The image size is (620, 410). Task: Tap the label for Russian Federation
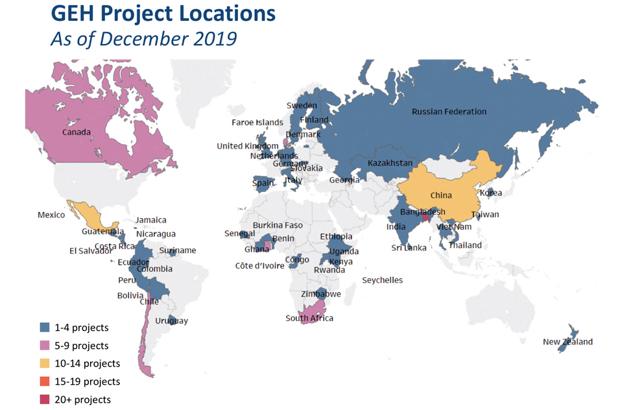tap(449, 112)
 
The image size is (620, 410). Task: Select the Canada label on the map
tap(76, 132)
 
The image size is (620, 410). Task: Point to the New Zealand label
tap(567, 342)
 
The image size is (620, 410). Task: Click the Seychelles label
tap(382, 280)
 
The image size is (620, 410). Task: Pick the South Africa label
tap(309, 318)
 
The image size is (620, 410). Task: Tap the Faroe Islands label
tap(257, 122)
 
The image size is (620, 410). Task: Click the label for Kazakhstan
tap(389, 163)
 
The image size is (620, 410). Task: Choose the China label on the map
tap(440, 195)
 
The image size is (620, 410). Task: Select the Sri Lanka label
tap(409, 248)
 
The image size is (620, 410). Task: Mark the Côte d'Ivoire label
tap(259, 265)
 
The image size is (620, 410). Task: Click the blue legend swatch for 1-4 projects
tap(44, 328)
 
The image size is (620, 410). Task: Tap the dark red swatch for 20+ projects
tap(44, 400)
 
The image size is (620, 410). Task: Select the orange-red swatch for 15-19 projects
tap(44, 381)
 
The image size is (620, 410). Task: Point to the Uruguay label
tap(172, 321)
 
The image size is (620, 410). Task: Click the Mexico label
tap(51, 215)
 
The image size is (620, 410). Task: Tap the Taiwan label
tap(485, 214)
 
